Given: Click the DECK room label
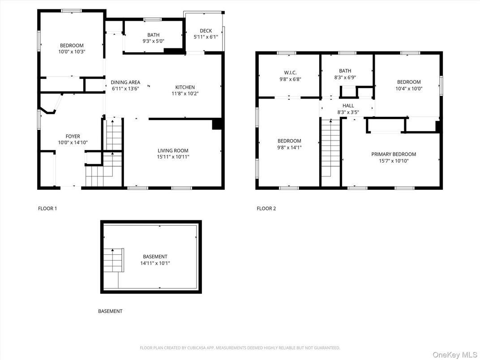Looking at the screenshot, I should [x=206, y=31].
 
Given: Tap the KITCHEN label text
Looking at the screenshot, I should [x=185, y=87].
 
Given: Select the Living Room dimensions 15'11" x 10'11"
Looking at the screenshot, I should [x=173, y=157].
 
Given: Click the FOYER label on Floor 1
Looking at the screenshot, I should [x=73, y=137].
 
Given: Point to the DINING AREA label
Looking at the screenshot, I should [x=125, y=82].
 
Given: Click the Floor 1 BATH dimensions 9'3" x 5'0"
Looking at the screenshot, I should [x=153, y=41].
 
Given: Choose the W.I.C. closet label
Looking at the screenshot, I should [x=290, y=73].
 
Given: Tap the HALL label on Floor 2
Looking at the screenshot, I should [x=348, y=106].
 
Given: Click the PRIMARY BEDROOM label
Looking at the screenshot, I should [x=393, y=154].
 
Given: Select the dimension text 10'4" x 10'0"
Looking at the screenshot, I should [x=408, y=89].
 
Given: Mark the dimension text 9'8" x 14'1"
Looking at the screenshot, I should [x=289, y=147].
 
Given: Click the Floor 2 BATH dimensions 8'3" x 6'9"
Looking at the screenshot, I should [x=345, y=77].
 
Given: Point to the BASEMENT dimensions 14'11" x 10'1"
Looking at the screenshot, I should [x=155, y=263].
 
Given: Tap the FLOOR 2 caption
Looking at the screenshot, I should [x=266, y=208].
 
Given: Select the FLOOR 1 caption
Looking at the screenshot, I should [x=47, y=208].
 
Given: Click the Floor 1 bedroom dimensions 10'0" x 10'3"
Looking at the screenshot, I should [x=72, y=52].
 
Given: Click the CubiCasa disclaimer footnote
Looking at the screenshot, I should [x=240, y=348].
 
